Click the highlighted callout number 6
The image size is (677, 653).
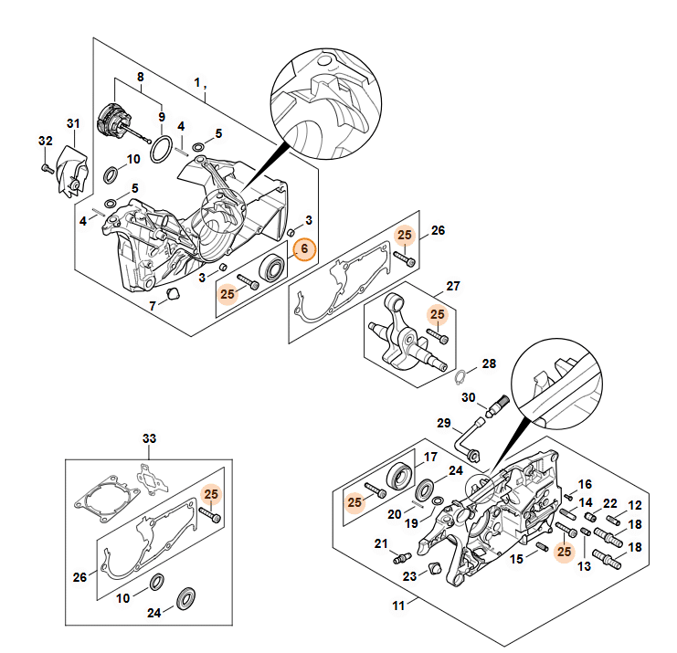tap(304, 248)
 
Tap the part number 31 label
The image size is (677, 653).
tap(74, 124)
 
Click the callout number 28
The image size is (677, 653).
tap(489, 364)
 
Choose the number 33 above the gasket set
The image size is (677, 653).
tap(149, 439)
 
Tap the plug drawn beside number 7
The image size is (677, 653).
tap(170, 292)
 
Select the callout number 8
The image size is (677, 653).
tap(141, 78)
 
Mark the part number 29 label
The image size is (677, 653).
tap(444, 424)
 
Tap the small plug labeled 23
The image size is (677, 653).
tap(436, 570)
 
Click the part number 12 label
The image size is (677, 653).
tap(635, 505)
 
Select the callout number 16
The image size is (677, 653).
tap(586, 484)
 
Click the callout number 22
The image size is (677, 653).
tap(609, 504)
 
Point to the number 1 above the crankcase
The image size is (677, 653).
tap(197, 82)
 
